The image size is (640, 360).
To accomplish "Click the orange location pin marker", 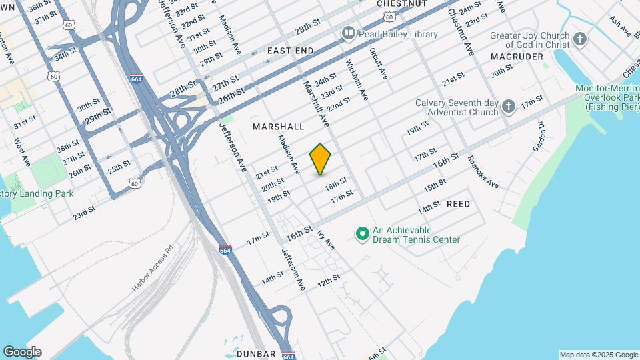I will pos(321,159).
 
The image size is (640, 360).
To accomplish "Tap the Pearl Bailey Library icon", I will pos(348,33).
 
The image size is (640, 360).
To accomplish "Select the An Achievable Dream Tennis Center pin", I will pos(363,234).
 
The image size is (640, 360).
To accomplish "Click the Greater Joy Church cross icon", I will pos(579,39).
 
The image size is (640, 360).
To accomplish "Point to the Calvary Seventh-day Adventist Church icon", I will pos(509,107).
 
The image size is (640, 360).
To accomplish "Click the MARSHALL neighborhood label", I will pos(279,127).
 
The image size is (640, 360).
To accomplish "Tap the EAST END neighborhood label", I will pos(291,51).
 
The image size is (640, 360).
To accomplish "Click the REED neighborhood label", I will pos(458,204).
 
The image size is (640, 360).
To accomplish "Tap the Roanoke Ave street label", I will pos(483,172).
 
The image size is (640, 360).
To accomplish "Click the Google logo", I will pos(22,352).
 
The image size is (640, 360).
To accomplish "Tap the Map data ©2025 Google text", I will pos(598,355).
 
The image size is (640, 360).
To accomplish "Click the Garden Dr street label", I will pos(539,136).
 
